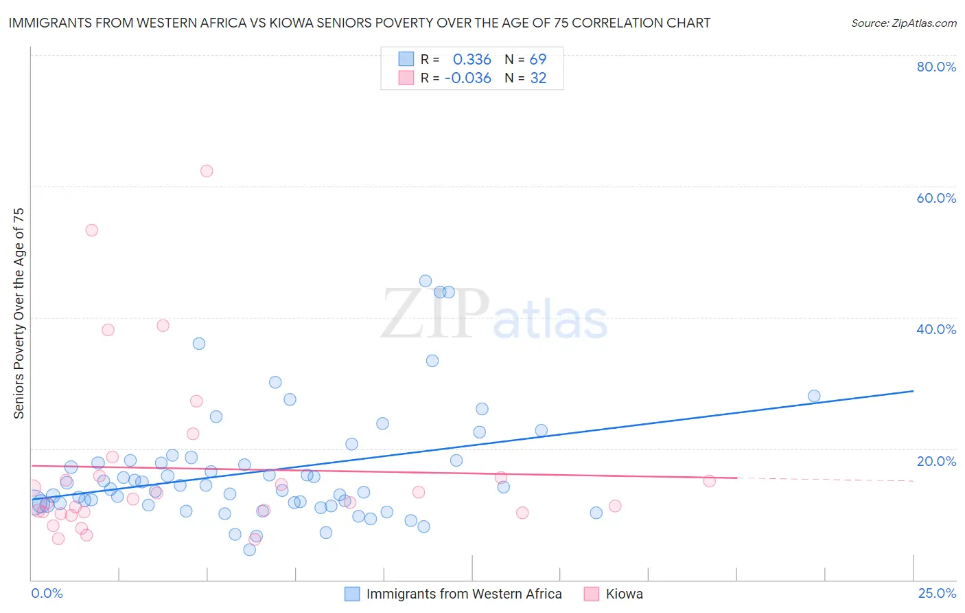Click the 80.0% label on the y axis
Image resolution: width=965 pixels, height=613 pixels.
[936, 67]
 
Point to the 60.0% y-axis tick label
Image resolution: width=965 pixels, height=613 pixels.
[936, 198]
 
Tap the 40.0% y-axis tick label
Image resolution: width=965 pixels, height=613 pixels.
[936, 329]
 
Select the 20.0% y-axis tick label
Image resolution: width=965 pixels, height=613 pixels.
[936, 461]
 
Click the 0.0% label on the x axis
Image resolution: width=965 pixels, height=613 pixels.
[47, 593]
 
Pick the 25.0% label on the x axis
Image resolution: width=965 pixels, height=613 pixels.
[937, 593]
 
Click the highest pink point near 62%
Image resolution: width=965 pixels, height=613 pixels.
[207, 171]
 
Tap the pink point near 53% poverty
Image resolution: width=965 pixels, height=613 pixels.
[92, 230]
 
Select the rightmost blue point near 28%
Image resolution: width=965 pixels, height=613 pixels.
[814, 396]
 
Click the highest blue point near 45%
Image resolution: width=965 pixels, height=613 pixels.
[426, 281]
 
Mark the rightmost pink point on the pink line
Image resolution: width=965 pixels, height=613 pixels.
[710, 481]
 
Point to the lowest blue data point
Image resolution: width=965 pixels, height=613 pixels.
[250, 550]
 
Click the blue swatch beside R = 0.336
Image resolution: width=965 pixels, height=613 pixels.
[406, 59]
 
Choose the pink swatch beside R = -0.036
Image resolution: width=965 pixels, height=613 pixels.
[406, 78]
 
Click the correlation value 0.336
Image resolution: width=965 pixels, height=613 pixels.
[472, 59]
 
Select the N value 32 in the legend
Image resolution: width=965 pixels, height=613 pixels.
[538, 78]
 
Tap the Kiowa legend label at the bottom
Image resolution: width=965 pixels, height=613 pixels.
[624, 594]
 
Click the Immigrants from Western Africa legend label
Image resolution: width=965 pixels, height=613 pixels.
[464, 594]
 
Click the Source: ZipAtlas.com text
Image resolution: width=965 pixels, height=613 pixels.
[903, 23]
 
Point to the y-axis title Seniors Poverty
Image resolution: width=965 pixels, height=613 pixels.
[19, 313]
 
